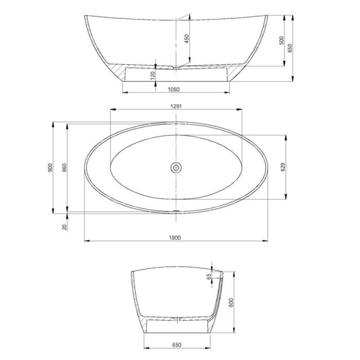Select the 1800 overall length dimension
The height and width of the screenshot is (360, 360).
point(176,237)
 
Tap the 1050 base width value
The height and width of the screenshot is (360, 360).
point(174,89)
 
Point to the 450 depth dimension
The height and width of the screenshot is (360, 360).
point(187,39)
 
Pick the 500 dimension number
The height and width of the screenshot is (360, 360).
point(281,41)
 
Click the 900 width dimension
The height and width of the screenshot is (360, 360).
point(50,167)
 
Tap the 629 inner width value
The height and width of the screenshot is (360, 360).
point(283,167)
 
